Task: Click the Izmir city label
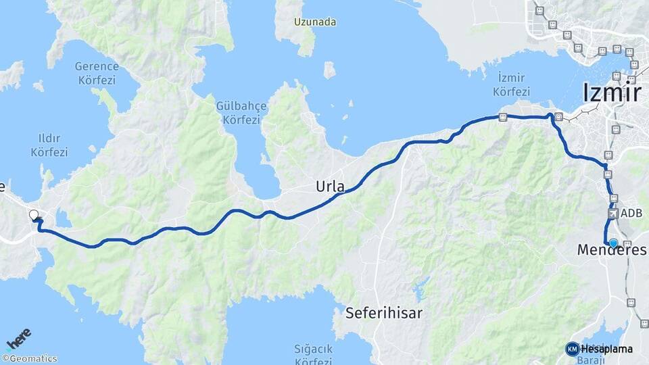pyautogui.click(x=611, y=92)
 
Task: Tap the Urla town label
pyautogui.click(x=330, y=187)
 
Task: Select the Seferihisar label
pyautogui.click(x=383, y=313)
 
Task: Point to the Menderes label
pyautogui.click(x=611, y=251)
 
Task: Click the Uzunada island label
pyautogui.click(x=314, y=22)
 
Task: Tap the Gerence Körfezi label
pyautogui.click(x=97, y=72)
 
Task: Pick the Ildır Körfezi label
pyautogui.click(x=49, y=145)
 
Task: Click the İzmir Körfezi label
pyautogui.click(x=511, y=84)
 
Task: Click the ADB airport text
pyautogui.click(x=631, y=214)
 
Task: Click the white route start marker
pyautogui.click(x=34, y=216)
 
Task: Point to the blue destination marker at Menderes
pyautogui.click(x=613, y=243)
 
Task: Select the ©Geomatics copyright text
pyautogui.click(x=30, y=359)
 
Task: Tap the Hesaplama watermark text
pyautogui.click(x=606, y=349)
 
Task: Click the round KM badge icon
pyautogui.click(x=572, y=349)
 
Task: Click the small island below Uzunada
pyautogui.click(x=329, y=69)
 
